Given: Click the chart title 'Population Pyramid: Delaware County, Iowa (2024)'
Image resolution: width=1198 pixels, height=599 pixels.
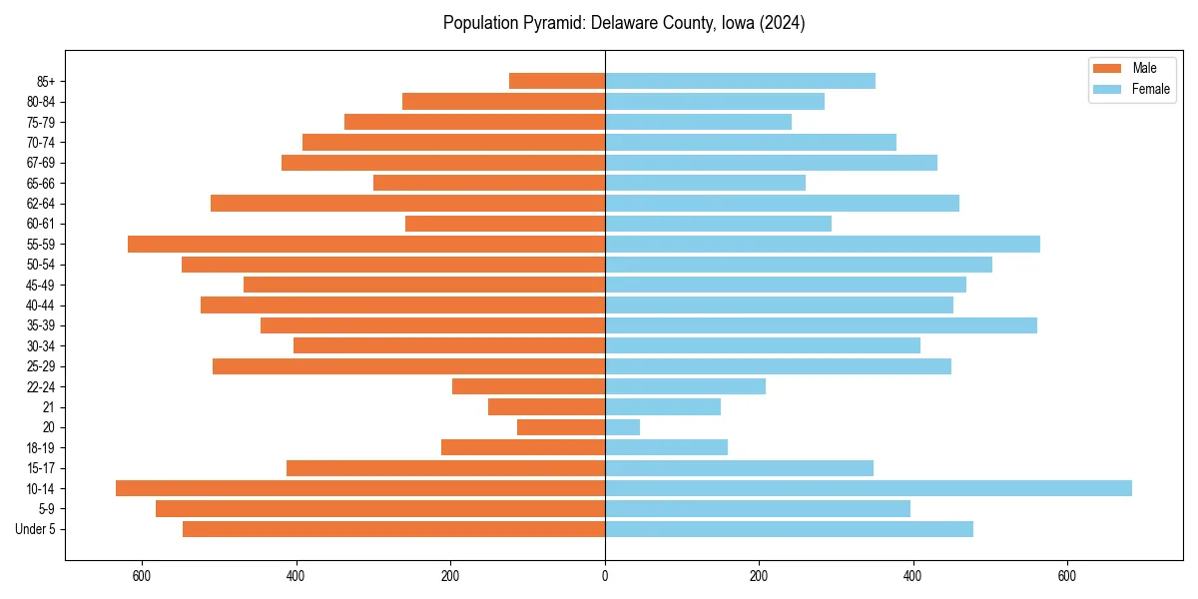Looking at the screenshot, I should pyautogui.click(x=624, y=23).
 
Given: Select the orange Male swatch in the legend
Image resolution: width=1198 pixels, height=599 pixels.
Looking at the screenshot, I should pyautogui.click(x=1107, y=68).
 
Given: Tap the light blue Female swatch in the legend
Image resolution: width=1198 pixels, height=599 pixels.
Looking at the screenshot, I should pyautogui.click(x=1107, y=89).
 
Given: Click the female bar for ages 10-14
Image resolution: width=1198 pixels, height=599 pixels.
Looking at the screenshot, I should pyautogui.click(x=869, y=488).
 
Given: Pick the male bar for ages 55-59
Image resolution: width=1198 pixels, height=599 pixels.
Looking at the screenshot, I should pyautogui.click(x=366, y=244).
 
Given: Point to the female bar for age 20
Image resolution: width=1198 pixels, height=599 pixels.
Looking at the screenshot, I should pyautogui.click(x=623, y=427).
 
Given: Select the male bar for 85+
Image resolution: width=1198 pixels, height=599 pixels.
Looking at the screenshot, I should pyautogui.click(x=557, y=81).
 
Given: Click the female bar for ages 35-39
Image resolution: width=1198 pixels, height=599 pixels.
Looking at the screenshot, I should pyautogui.click(x=821, y=325).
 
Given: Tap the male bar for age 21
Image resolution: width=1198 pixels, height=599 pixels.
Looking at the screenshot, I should pyautogui.click(x=546, y=407).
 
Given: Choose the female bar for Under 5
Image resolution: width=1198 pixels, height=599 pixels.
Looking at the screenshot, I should pyautogui.click(x=789, y=529).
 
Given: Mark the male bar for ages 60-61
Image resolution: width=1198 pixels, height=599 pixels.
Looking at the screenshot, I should pyautogui.click(x=505, y=224).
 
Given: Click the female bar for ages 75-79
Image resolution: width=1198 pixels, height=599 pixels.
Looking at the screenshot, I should pyautogui.click(x=698, y=122).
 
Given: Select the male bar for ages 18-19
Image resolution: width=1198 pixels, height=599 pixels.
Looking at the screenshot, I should pyautogui.click(x=523, y=447).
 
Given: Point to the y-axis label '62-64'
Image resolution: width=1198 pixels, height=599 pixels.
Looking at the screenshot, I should pyautogui.click(x=41, y=204).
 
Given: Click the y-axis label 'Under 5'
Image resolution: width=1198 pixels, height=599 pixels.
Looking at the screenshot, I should pyautogui.click(x=36, y=529).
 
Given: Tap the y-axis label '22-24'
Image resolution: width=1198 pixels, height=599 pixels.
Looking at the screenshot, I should pyautogui.click(x=41, y=387).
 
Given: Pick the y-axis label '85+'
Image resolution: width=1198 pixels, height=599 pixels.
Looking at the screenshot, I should pyautogui.click(x=45, y=81).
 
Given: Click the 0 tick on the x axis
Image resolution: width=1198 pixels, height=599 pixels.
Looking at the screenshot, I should pyautogui.click(x=605, y=576).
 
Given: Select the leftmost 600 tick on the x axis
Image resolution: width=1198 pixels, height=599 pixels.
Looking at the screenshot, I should pyautogui.click(x=142, y=576).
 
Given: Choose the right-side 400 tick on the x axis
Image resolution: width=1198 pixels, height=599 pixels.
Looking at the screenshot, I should pyautogui.click(x=912, y=576).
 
